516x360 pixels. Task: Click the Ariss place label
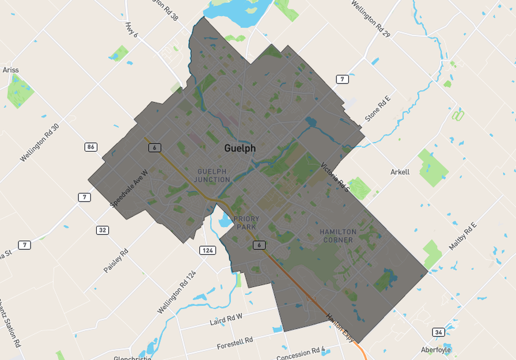pos(10,70)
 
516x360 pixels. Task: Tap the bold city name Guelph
pos(240,149)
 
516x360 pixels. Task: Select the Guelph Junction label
pos(213,176)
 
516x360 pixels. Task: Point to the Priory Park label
pos(246,223)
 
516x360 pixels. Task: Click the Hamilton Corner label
pos(338,236)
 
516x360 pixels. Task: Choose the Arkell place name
pos(400,172)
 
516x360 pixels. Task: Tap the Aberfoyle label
pos(436,350)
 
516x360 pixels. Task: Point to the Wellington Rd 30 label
pos(40,143)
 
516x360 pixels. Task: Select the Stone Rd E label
pos(377,109)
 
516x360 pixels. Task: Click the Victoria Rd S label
pos(336,175)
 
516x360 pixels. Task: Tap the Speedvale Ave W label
pos(129,188)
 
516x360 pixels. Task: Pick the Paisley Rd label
pos(116,261)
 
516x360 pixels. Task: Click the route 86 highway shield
pos(90,147)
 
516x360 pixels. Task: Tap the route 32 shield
pos(103,230)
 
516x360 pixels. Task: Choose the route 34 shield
pos(439,332)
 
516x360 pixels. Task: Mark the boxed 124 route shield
pos(207,250)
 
